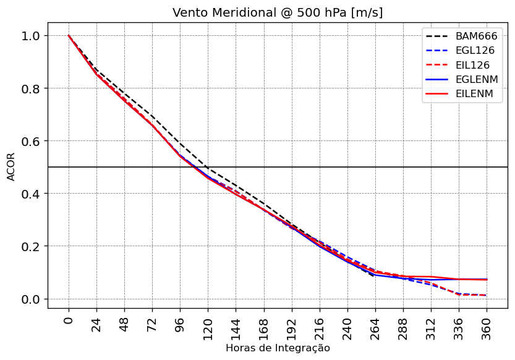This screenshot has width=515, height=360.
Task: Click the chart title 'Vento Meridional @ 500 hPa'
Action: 278,13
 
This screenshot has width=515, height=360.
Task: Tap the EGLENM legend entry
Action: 477,80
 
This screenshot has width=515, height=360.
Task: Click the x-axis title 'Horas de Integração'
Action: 278,348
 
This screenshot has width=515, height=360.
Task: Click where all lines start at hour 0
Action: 69,36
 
